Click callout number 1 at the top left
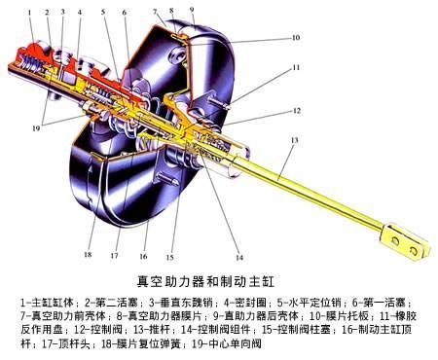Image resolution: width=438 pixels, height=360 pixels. click(x=30, y=13)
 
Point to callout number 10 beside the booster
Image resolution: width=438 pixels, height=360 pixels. click(x=295, y=38)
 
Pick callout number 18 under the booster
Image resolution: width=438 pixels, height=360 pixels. click(x=86, y=255)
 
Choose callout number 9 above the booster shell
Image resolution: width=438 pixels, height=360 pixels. click(x=192, y=11)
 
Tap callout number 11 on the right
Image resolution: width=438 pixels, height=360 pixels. click(x=294, y=68)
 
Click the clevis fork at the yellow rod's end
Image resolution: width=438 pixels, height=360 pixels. click(x=397, y=237)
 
